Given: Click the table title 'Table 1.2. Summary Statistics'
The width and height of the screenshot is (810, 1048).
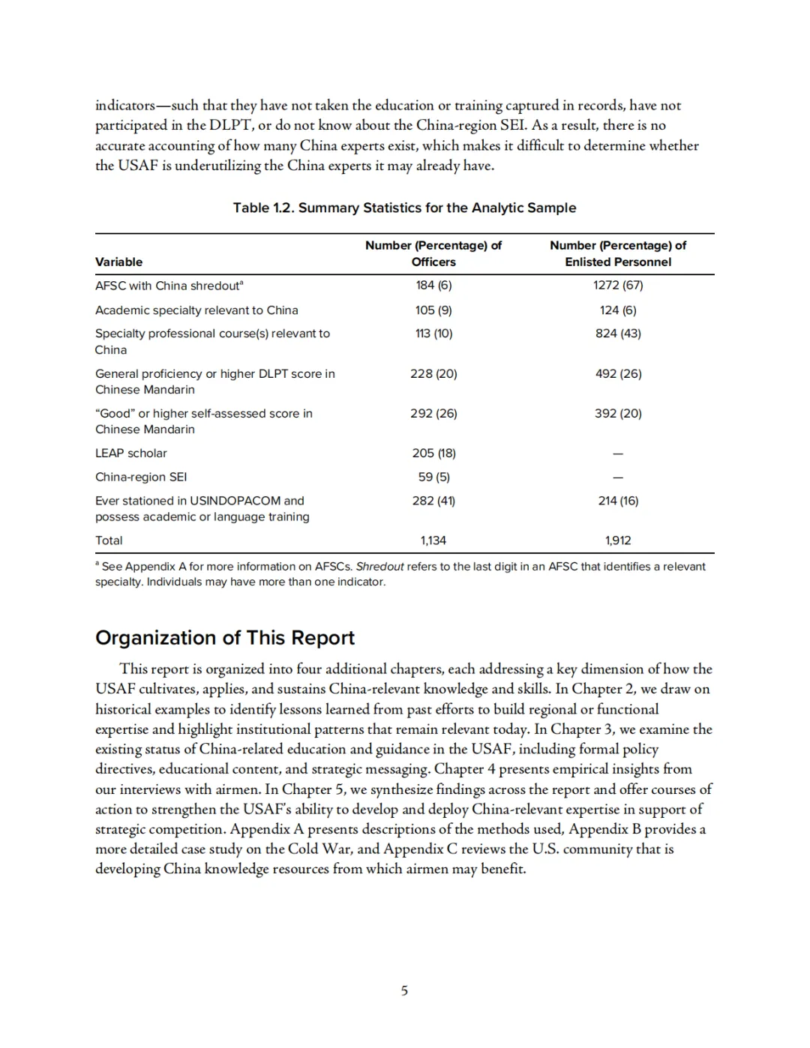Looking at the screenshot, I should (404, 208).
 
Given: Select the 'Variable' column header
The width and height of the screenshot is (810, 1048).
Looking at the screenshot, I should (118, 262).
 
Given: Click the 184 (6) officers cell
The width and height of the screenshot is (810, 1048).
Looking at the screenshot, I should (433, 285).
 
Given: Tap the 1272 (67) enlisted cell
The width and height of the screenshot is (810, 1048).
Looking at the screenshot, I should (618, 285).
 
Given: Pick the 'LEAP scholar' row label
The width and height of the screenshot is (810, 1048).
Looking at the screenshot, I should (131, 453).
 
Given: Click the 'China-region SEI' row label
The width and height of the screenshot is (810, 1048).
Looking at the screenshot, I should (141, 477).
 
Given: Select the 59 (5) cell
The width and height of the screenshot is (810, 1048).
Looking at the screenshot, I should (433, 477).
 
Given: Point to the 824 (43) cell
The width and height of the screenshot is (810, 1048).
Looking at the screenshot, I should (618, 333).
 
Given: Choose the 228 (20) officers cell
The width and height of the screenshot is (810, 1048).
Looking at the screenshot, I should (433, 373).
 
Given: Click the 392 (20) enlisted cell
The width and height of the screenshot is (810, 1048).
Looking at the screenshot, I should (618, 413).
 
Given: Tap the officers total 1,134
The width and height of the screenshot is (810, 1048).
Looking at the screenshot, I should (433, 540).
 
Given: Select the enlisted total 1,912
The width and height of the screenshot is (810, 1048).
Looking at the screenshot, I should (618, 540).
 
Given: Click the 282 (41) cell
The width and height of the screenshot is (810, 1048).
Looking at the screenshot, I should (433, 500).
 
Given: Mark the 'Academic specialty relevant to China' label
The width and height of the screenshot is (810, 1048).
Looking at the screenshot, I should (196, 310).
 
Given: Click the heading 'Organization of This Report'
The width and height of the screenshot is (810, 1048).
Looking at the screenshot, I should (225, 637).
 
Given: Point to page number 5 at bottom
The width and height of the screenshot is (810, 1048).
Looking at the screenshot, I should (404, 990).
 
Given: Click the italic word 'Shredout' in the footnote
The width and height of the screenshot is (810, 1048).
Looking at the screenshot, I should (379, 567).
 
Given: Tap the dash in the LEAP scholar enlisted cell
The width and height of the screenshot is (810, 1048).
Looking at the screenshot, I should (618, 454).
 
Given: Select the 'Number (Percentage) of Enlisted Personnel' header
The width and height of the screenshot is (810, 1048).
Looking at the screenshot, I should (618, 253).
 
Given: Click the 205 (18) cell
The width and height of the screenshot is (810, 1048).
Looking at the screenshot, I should (433, 453).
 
